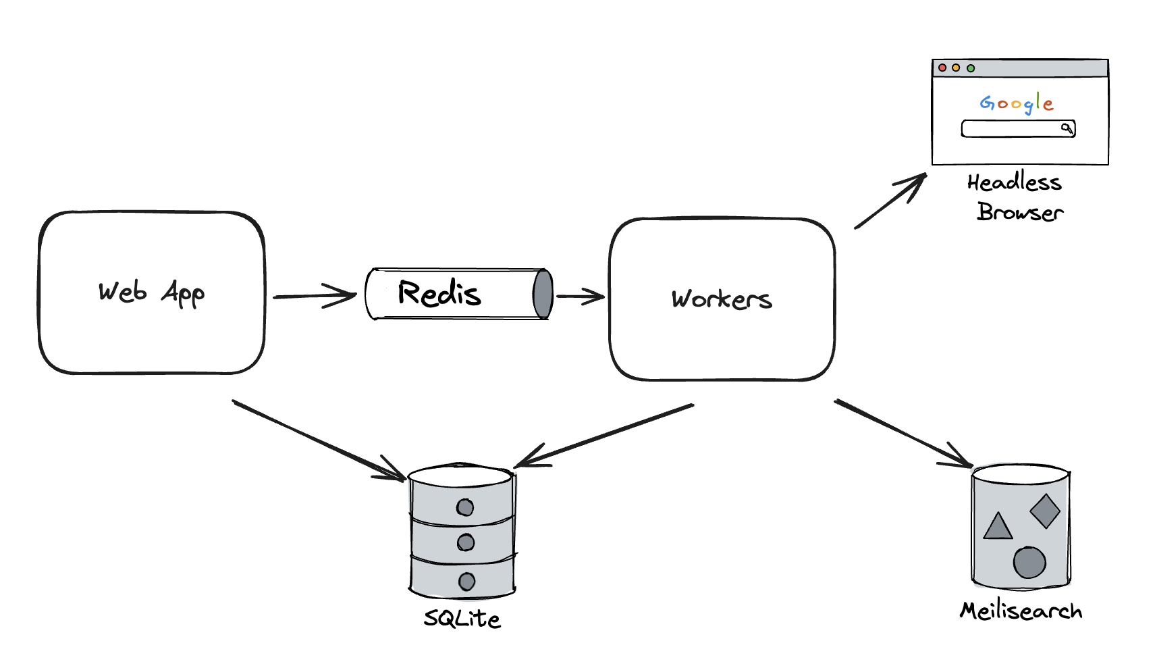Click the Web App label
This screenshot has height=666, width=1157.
point(151,293)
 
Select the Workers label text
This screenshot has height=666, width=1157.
point(721,299)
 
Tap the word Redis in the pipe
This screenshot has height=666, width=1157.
point(439,294)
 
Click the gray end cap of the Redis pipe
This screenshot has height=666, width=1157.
point(543,294)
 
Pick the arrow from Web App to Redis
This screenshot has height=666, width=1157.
point(314,296)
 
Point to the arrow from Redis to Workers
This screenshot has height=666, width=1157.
point(580,296)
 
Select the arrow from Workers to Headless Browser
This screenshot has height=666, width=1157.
point(890,201)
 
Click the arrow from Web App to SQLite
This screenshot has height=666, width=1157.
point(317,440)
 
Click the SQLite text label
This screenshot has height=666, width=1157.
point(462,619)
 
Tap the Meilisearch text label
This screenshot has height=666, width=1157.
point(1021,611)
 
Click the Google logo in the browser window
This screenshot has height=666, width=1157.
point(1017,103)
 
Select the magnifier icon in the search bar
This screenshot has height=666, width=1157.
point(1067,128)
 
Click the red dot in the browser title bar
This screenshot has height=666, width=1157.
point(942,68)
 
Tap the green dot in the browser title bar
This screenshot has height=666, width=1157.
point(971,68)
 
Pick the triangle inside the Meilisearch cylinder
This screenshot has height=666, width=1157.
point(998,527)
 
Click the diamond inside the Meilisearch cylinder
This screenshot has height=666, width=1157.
point(1045,511)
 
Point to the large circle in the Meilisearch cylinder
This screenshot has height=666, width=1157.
point(1029,562)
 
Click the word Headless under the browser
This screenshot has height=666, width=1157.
point(1014,182)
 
